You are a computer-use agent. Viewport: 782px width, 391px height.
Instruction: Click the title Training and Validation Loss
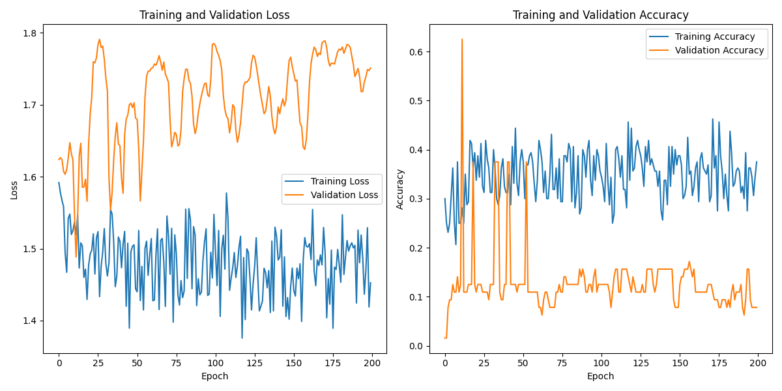pyautogui.click(x=215, y=15)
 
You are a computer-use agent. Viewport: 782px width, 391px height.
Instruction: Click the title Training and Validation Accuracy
pyautogui.click(x=600, y=15)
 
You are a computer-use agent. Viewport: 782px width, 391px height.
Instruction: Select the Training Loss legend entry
pyautogui.click(x=340, y=181)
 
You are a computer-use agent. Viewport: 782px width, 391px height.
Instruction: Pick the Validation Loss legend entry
pyautogui.click(x=344, y=195)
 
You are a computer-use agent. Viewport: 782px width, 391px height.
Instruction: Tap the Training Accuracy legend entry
pyautogui.click(x=714, y=36)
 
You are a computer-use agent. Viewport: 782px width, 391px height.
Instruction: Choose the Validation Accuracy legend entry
pyautogui.click(x=719, y=50)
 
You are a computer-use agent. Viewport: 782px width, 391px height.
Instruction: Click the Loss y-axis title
pyautogui.click(x=14, y=189)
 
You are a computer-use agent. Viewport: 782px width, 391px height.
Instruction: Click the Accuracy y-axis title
pyautogui.click(x=400, y=189)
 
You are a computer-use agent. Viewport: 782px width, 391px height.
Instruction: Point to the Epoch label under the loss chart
pyautogui.click(x=215, y=376)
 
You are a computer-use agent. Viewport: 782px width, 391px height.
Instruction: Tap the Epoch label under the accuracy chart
pyautogui.click(x=600, y=376)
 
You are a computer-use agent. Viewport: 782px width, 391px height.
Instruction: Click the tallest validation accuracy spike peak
pyautogui.click(x=462, y=39)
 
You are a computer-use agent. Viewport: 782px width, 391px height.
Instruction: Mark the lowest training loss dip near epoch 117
pyautogui.click(x=242, y=338)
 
